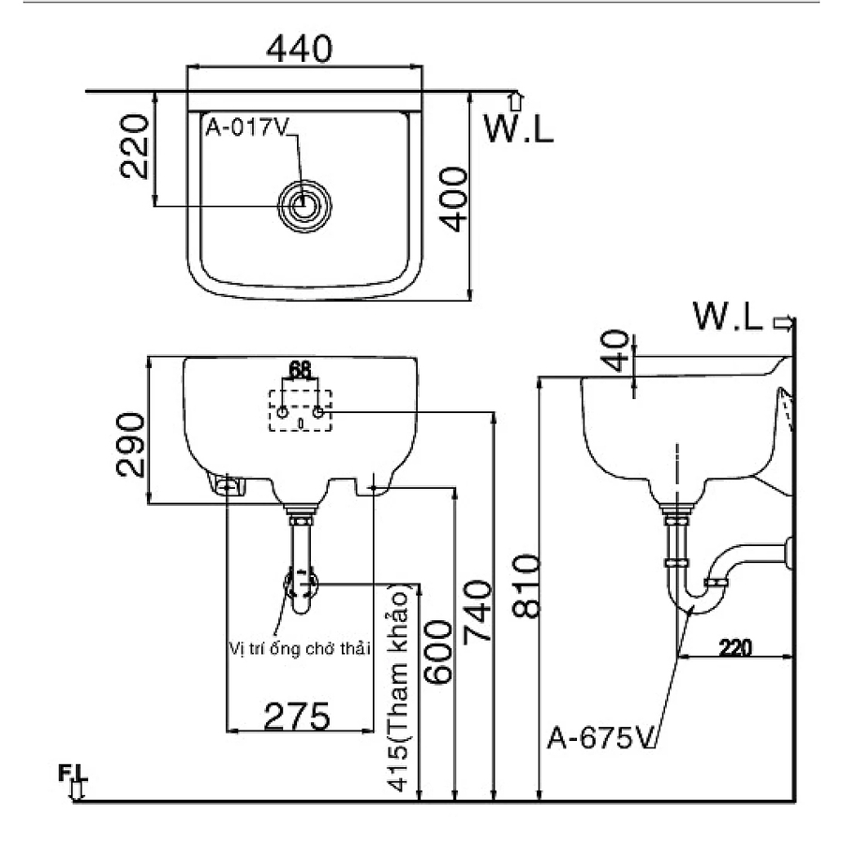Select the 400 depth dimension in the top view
[x=452, y=199]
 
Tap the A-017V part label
[x=246, y=130]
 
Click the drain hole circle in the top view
[x=302, y=203]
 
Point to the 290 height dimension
[x=132, y=443]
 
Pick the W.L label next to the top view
[x=517, y=128]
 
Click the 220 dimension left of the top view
[x=135, y=146]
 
